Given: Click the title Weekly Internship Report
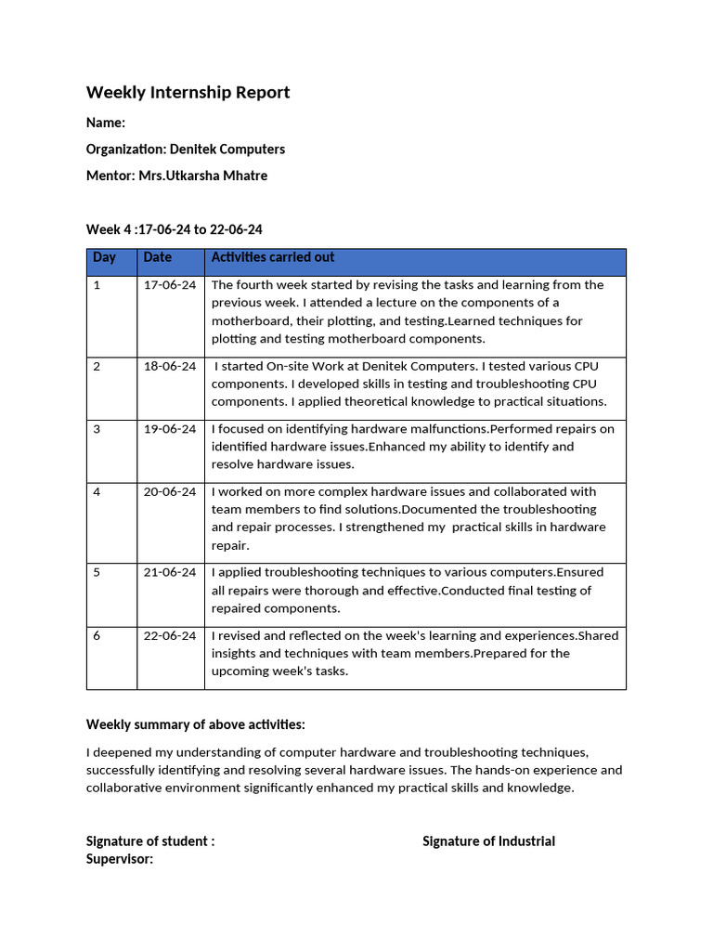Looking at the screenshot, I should point(188,92).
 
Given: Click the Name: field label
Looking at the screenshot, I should point(106,123).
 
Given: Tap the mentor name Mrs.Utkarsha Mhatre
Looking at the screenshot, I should point(202,176).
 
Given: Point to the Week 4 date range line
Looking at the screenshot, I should point(175,229).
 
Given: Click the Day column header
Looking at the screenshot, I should point(104,257).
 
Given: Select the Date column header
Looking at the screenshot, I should point(158,257).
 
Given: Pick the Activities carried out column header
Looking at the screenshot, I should point(273,257).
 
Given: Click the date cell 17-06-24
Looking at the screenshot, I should point(170,285).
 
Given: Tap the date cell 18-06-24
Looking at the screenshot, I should point(170,367).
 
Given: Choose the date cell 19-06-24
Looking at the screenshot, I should point(170,429).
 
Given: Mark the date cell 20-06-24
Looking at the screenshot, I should point(170,492).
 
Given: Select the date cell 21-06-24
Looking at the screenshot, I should point(170,573).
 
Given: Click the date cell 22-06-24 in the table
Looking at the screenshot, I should point(170,636).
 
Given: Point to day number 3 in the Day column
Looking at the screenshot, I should point(97,429).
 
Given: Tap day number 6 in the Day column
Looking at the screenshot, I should point(97,636).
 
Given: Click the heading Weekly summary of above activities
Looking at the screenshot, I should point(196,724).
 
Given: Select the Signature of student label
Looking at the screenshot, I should point(150,841).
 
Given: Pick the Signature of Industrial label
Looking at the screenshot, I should point(488,841).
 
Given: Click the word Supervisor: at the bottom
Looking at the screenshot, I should point(120,859).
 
